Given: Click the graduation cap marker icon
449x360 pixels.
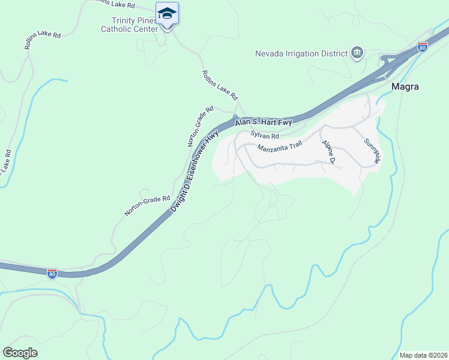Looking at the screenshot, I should [x=167, y=14].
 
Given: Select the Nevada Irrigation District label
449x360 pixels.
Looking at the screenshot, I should [x=302, y=53].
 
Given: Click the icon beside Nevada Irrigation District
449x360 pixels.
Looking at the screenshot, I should [x=357, y=53].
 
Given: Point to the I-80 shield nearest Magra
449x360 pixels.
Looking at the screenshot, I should [x=423, y=47].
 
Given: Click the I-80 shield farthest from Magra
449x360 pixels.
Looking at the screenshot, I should [x=52, y=273].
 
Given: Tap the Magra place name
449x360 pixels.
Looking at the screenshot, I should [x=405, y=86].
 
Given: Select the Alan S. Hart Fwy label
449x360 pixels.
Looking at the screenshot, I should [x=264, y=122].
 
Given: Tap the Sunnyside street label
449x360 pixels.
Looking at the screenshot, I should [x=372, y=151].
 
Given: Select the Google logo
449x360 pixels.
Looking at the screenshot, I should [x=20, y=353].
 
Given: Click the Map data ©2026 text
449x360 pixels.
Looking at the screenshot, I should [x=422, y=355].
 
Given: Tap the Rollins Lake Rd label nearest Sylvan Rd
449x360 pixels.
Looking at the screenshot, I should [x=220, y=85].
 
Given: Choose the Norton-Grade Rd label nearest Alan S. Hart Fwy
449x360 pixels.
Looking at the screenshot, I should [x=200, y=126].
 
